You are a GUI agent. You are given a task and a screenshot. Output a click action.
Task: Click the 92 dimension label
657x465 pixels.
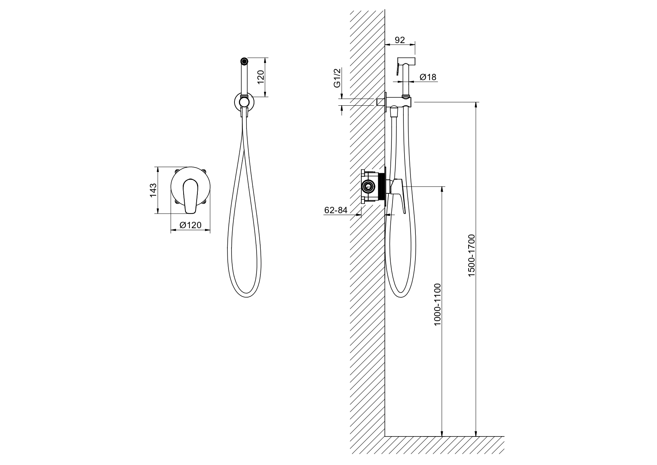click(x=400, y=40)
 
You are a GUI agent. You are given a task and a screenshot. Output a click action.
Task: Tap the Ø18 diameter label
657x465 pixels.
click(x=428, y=77)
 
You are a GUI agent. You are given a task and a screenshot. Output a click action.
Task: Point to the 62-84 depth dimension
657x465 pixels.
click(x=336, y=210)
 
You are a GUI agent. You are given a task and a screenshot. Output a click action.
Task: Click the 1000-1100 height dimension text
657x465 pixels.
click(x=438, y=304)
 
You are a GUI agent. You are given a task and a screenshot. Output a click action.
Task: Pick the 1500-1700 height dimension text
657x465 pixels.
click(x=471, y=256)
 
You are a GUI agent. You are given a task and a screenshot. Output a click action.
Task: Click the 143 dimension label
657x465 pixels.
click(x=153, y=190)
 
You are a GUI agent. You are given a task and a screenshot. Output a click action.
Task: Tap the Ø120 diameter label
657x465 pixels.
click(x=190, y=225)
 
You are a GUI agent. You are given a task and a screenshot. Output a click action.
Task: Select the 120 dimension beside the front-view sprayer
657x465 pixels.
click(x=261, y=77)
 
